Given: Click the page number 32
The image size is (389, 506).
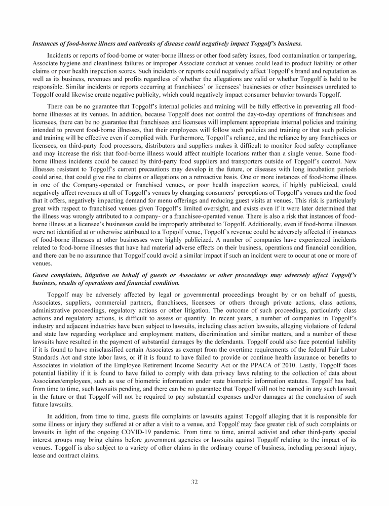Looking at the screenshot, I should pyautogui.click(x=194, y=481).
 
